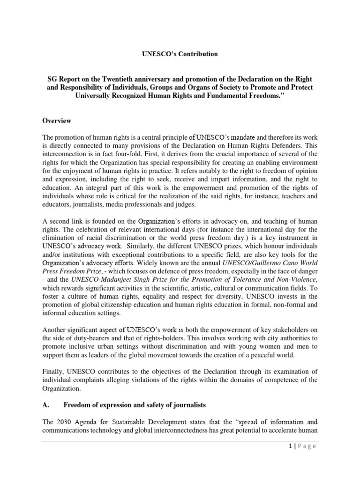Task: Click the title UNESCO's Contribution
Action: (x=180, y=54)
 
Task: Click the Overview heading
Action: (x=57, y=121)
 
